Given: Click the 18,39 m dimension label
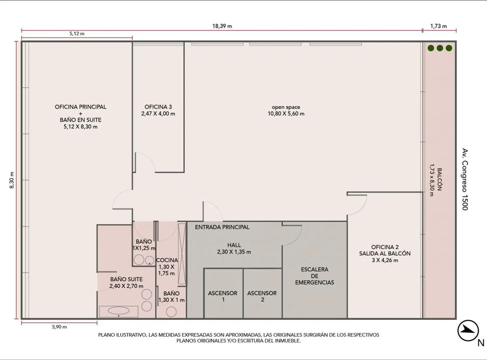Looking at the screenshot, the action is click(x=222, y=26).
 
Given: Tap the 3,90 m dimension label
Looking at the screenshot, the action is click(x=59, y=327).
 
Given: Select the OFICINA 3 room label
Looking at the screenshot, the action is click(x=158, y=110).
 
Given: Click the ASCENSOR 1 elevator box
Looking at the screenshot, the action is click(x=223, y=293).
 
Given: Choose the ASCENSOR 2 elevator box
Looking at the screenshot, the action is click(x=263, y=293).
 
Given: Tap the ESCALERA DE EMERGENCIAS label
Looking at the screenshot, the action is click(x=314, y=276).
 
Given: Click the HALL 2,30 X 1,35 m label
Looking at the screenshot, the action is click(x=234, y=248).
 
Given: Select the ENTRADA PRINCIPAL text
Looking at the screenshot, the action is click(x=222, y=227).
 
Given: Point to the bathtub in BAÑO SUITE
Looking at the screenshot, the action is click(x=119, y=311).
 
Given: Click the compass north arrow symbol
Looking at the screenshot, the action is click(x=468, y=331).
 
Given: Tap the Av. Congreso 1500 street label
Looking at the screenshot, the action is click(x=465, y=179).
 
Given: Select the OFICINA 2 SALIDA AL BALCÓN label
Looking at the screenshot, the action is click(x=385, y=254).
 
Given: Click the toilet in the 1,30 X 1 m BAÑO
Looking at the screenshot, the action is click(x=171, y=312).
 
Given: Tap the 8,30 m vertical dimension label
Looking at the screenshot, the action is click(x=12, y=180).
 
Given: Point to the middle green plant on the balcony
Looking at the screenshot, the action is click(x=440, y=48).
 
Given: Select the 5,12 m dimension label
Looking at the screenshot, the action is click(x=77, y=34).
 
